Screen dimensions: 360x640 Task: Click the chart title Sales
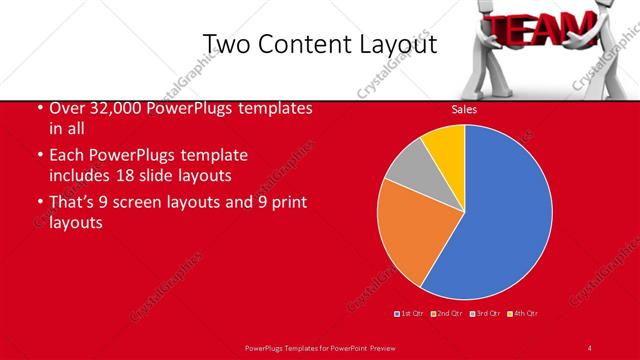click(463, 110)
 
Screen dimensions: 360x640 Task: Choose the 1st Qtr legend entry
click(410, 313)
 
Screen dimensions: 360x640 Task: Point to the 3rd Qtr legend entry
click(486, 313)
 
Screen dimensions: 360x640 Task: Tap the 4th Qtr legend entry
click(524, 313)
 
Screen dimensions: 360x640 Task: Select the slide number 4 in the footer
click(589, 347)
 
